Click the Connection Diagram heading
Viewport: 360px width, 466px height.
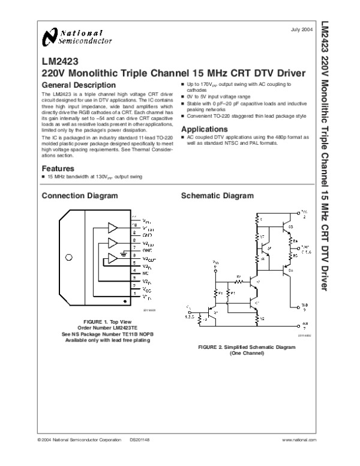pos(79,196)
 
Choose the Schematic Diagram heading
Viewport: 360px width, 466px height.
pos(217,196)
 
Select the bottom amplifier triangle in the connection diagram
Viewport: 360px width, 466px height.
pos(112,259)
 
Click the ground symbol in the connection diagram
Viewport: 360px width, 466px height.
pos(124,253)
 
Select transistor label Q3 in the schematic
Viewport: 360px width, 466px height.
pos(290,226)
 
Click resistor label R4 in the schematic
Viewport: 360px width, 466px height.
pos(295,241)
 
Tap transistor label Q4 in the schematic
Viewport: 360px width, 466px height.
pos(290,271)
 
